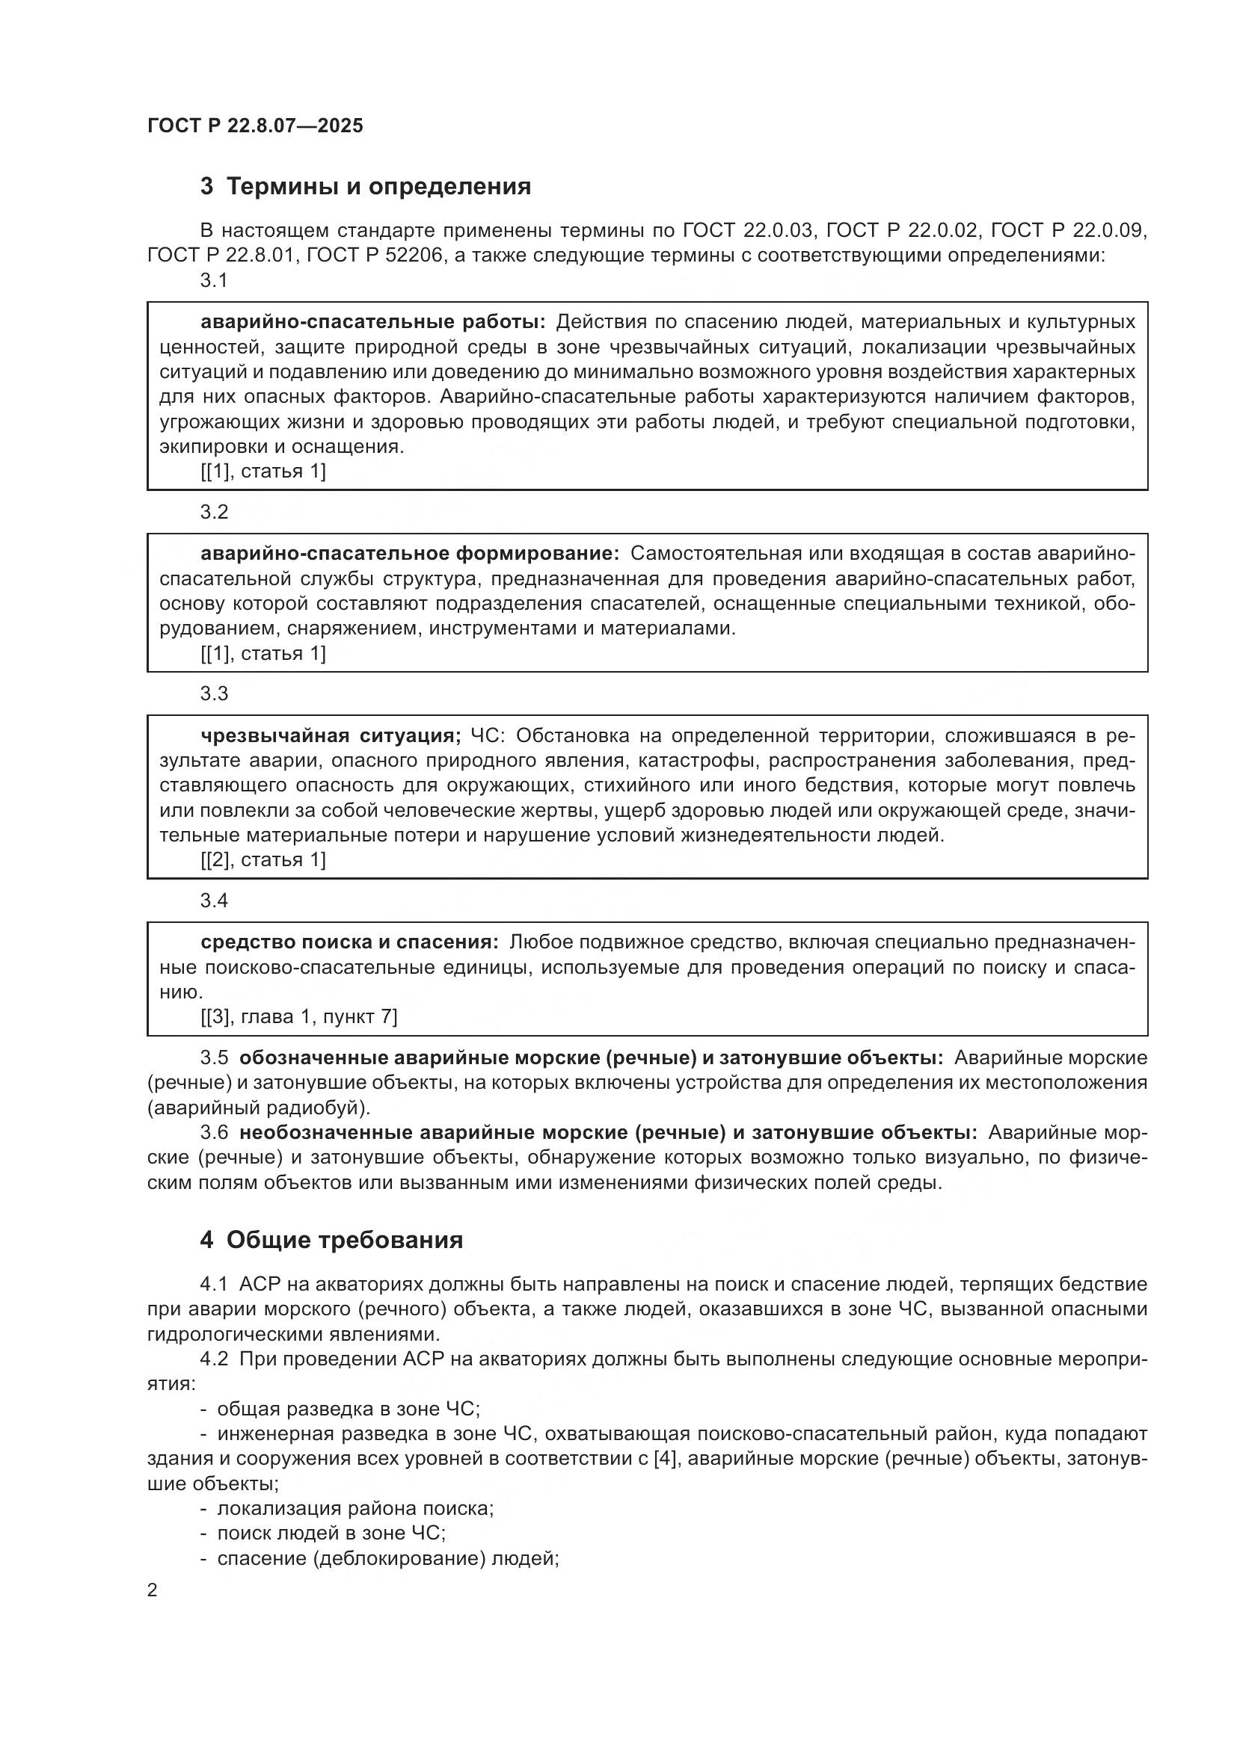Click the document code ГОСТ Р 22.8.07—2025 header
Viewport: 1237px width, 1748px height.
click(x=255, y=126)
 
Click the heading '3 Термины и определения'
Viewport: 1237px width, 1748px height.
click(x=366, y=187)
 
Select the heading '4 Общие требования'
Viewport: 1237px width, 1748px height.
click(x=331, y=1241)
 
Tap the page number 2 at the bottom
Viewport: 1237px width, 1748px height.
click(x=153, y=1590)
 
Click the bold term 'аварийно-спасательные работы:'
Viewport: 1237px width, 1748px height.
click(x=373, y=322)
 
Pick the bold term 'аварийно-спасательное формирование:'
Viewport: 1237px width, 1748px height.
click(x=410, y=554)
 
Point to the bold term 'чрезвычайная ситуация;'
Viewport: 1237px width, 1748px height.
click(x=331, y=735)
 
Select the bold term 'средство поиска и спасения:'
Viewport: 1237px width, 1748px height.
click(x=349, y=942)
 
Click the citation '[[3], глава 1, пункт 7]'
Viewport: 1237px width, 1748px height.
click(x=298, y=1017)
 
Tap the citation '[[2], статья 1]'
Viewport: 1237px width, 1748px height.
click(x=263, y=860)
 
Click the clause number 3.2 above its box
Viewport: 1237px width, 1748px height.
click(x=214, y=512)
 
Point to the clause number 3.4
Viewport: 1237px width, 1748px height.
click(x=214, y=901)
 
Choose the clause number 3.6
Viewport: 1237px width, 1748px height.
click(x=214, y=1133)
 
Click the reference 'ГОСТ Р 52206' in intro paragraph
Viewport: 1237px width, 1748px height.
click(x=374, y=255)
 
